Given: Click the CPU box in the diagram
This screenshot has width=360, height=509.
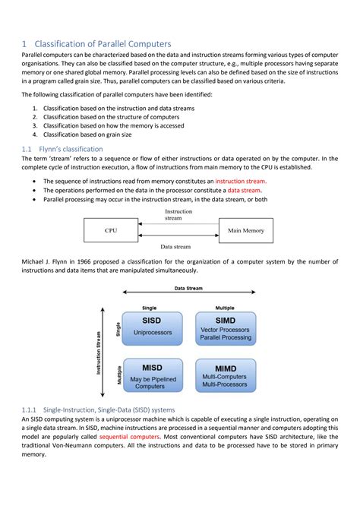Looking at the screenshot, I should [x=111, y=230].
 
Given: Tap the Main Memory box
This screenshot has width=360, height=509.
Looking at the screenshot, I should [x=246, y=230].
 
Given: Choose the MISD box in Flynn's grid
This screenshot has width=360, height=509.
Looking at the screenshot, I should [x=153, y=375].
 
